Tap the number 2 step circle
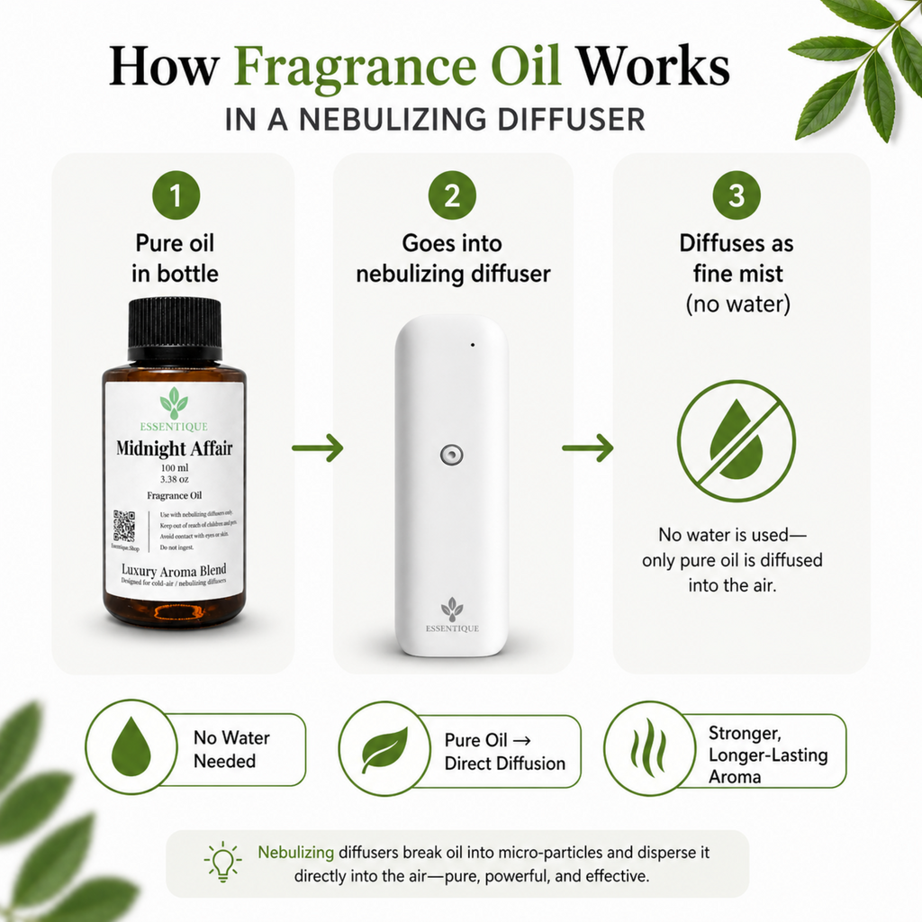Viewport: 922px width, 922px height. click(452, 195)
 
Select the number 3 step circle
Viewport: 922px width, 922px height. click(737, 195)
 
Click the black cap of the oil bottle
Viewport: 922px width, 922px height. click(175, 328)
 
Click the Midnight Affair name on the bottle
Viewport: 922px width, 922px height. click(174, 447)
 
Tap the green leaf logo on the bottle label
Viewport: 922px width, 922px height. click(174, 402)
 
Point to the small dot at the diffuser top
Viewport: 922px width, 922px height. click(471, 344)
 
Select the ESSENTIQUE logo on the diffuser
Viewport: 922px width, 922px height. click(452, 617)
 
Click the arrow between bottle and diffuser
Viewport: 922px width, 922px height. click(318, 447)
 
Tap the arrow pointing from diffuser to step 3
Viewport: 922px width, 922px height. click(588, 447)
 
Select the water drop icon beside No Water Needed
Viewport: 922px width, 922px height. click(131, 749)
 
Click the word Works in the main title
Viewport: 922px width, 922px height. click(653, 68)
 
